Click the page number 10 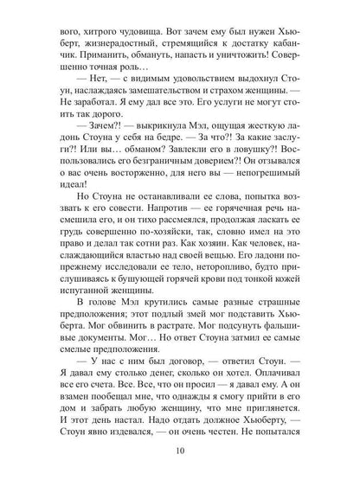pos(180,451)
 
